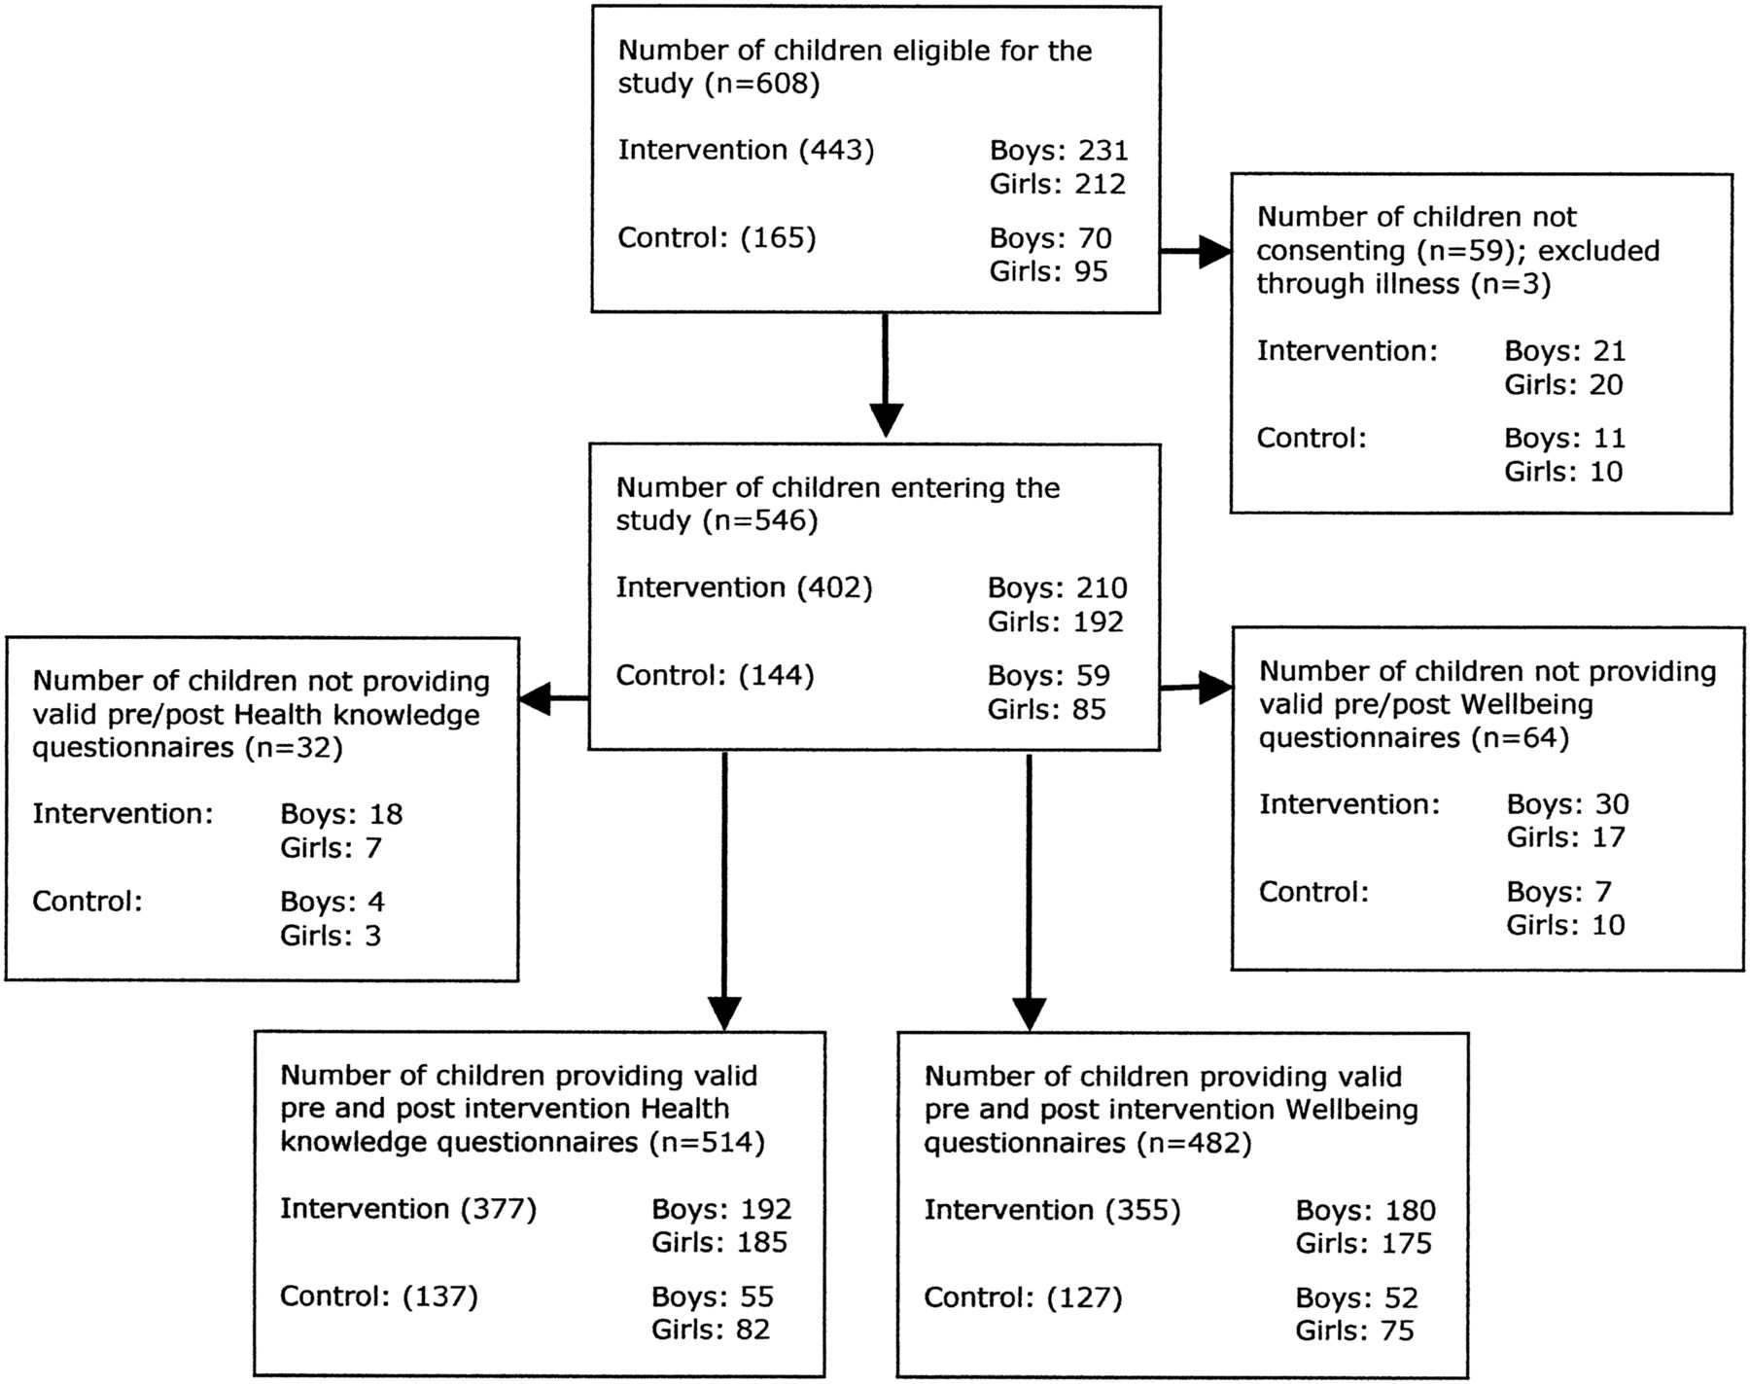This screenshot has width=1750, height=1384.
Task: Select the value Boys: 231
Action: (x=1059, y=151)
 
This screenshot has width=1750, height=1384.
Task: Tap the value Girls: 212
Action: (x=1058, y=184)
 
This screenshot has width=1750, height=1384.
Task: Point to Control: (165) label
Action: (x=717, y=238)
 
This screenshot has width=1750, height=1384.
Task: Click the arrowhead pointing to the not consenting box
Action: (x=1214, y=251)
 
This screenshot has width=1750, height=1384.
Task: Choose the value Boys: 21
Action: (x=1565, y=351)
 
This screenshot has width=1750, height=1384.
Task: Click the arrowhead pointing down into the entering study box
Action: (x=885, y=419)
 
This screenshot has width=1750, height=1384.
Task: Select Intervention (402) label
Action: (x=745, y=588)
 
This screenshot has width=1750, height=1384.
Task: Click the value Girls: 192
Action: (x=1056, y=621)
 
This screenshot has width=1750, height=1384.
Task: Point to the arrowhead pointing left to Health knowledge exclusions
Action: (x=535, y=698)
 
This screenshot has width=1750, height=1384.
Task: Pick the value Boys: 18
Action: (x=341, y=815)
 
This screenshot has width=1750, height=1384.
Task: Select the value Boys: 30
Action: (x=1568, y=804)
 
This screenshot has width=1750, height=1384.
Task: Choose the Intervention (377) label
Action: (x=408, y=1209)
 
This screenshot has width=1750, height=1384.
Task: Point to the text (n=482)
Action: (x=1194, y=1143)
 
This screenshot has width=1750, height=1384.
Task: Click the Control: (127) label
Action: (x=1023, y=1297)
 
